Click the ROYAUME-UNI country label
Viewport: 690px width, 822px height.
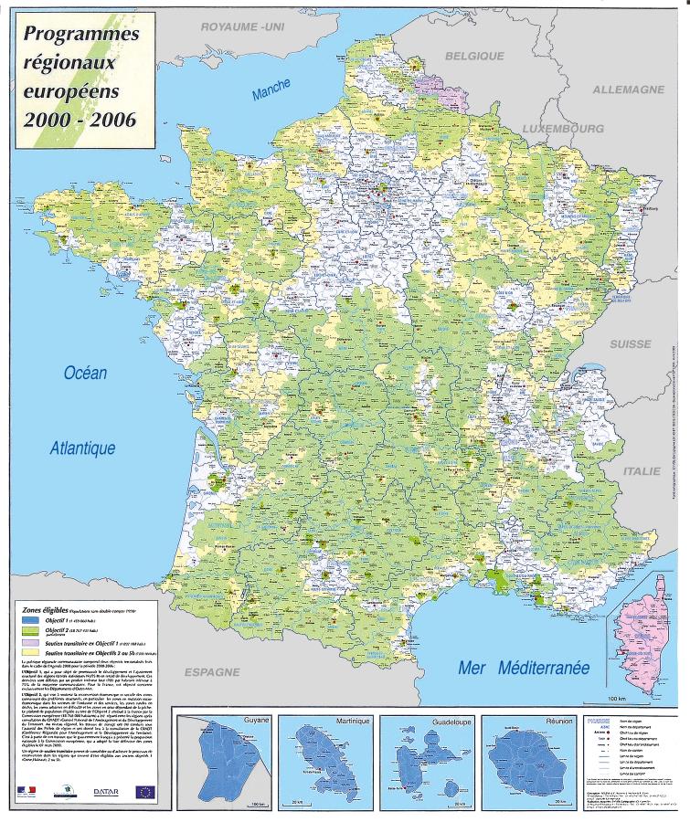243,28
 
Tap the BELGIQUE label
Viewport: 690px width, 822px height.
474,56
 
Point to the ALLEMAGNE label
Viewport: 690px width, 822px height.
628,90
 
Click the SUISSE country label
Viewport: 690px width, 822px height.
631,344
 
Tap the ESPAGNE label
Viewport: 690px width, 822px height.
212,671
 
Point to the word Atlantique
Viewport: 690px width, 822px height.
83,448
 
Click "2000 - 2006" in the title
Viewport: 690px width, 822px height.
80,120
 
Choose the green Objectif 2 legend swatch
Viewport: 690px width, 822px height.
33,630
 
